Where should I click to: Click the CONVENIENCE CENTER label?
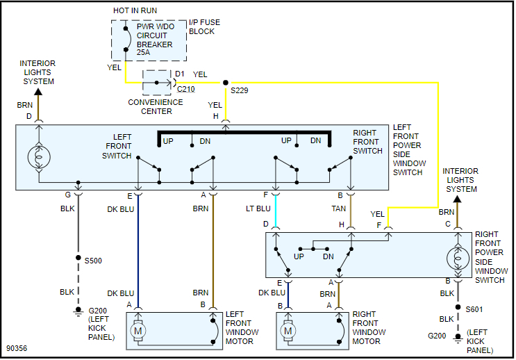(x=156, y=106)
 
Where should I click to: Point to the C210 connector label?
(x=185, y=89)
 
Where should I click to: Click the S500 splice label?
(x=93, y=261)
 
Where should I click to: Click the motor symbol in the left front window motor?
(x=138, y=332)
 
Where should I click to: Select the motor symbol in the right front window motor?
(x=288, y=332)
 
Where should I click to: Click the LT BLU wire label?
(x=259, y=208)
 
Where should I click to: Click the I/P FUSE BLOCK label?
(x=204, y=27)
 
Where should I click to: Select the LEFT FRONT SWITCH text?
(x=118, y=146)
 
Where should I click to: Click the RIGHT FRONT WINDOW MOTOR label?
(x=366, y=327)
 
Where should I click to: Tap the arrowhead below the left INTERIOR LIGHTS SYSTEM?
(x=38, y=90)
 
